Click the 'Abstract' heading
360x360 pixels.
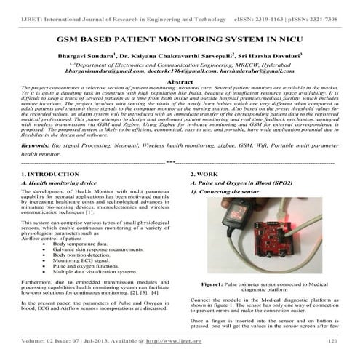180,84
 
